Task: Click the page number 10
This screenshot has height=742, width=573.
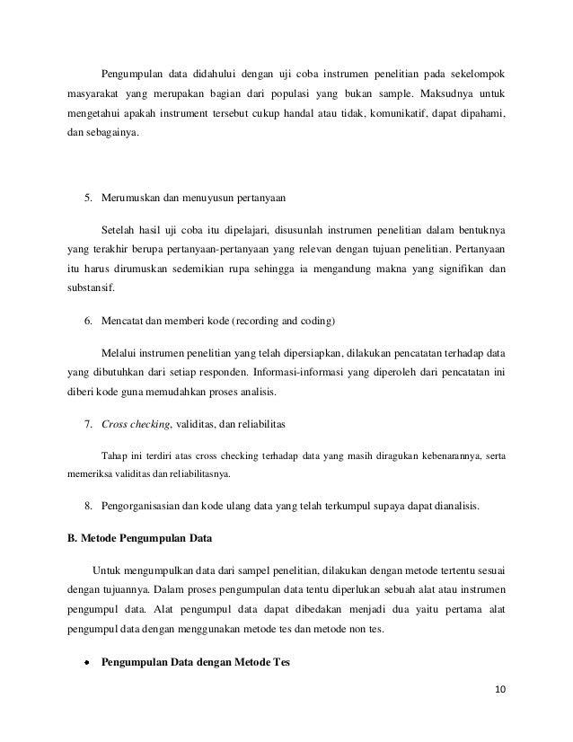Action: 500,689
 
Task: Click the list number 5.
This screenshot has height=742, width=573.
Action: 87,196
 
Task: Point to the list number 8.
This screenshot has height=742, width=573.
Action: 87,507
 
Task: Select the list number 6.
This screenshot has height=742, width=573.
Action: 87,321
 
